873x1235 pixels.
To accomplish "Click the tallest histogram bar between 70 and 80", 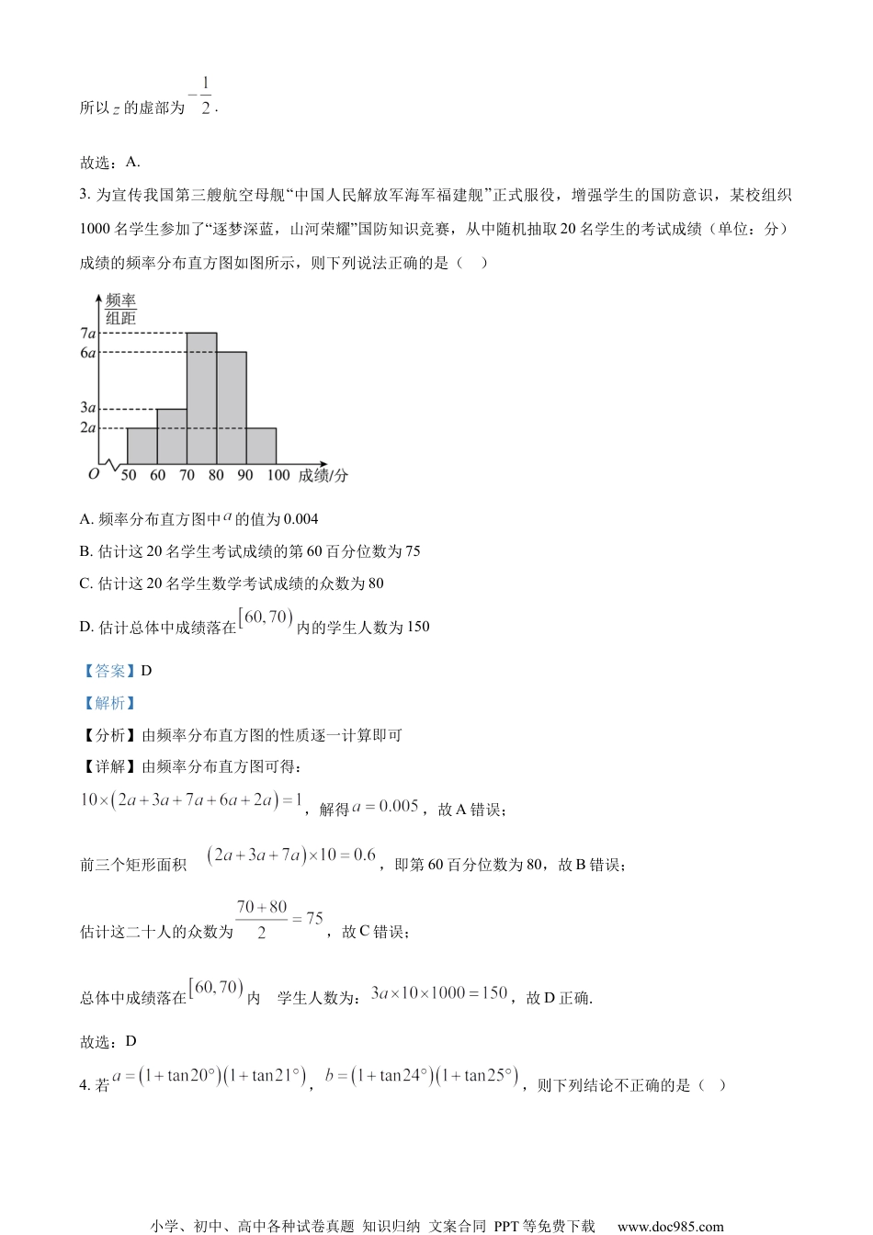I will (x=202, y=398).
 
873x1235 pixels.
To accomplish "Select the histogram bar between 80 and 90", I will (x=232, y=408).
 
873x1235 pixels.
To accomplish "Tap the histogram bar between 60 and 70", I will (x=172, y=436).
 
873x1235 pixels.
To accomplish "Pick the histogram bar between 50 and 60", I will (x=142, y=446).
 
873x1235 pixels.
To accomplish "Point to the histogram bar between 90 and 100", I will (x=261, y=446).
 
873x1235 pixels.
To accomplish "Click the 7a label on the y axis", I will (x=88, y=333).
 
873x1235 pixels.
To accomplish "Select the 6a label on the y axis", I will (x=88, y=352).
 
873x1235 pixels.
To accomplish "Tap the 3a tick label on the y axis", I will (x=88, y=408).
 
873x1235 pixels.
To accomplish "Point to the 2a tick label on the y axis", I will (x=88, y=427).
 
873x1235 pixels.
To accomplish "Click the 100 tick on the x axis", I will (x=278, y=475).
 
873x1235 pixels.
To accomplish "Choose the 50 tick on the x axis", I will (x=129, y=475).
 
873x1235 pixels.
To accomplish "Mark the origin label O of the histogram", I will (x=93, y=474).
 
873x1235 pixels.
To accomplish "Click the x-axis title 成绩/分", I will (x=323, y=475).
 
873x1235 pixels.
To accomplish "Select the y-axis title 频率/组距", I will (x=120, y=310).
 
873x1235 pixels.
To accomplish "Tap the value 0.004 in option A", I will (x=301, y=519).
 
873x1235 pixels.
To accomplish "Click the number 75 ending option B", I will (x=413, y=551).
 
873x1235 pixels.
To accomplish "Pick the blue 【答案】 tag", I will (x=108, y=671).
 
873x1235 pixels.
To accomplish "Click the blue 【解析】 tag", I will (x=108, y=703).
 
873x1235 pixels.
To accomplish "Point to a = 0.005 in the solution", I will (x=385, y=806).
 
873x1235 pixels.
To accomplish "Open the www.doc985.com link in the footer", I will (x=670, y=1226).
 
